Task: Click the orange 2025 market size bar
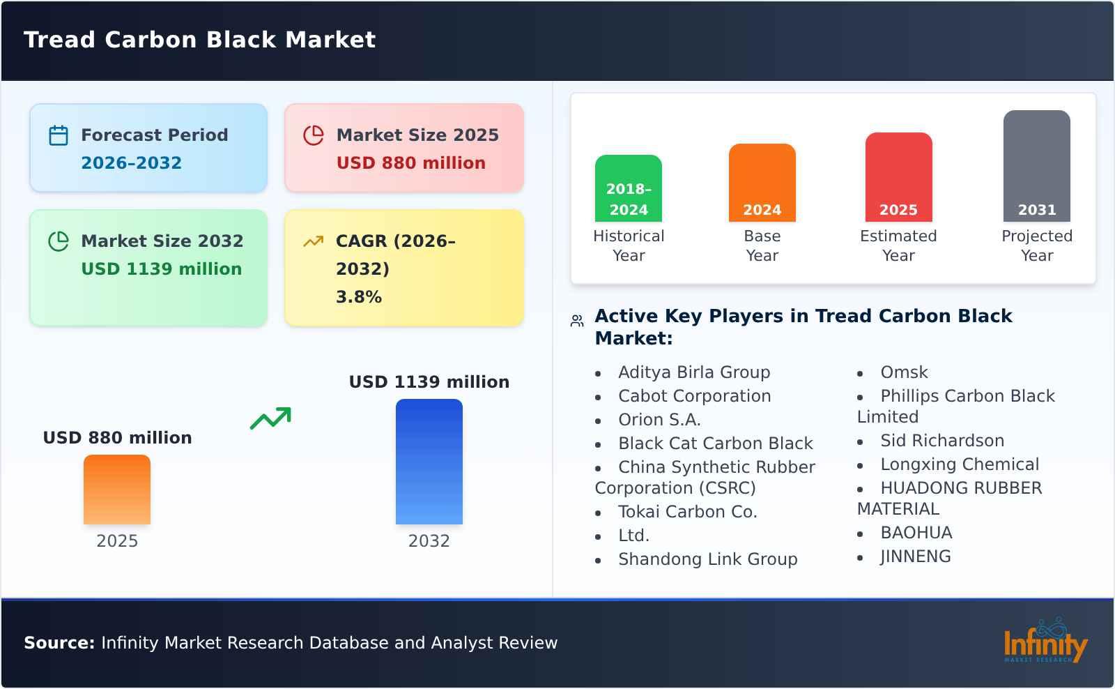click(x=117, y=490)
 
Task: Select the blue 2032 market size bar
click(x=429, y=462)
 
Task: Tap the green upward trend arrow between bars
click(x=270, y=418)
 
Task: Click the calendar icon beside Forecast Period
click(x=59, y=135)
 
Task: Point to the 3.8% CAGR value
click(x=358, y=297)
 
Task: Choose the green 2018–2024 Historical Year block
click(x=628, y=189)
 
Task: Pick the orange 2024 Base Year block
click(x=762, y=183)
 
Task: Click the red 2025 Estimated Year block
click(x=898, y=178)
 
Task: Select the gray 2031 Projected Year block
click(x=1036, y=167)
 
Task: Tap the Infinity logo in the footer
click(x=1045, y=642)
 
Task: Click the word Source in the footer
click(x=59, y=643)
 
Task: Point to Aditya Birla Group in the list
click(x=693, y=372)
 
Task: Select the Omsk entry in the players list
click(x=904, y=372)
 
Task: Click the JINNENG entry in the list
click(x=915, y=556)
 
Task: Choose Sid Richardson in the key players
click(x=941, y=441)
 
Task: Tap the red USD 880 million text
click(x=410, y=163)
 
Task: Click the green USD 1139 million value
click(x=161, y=269)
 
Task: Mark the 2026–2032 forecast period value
click(x=131, y=163)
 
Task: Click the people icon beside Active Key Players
click(x=577, y=321)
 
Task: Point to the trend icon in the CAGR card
click(x=313, y=241)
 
